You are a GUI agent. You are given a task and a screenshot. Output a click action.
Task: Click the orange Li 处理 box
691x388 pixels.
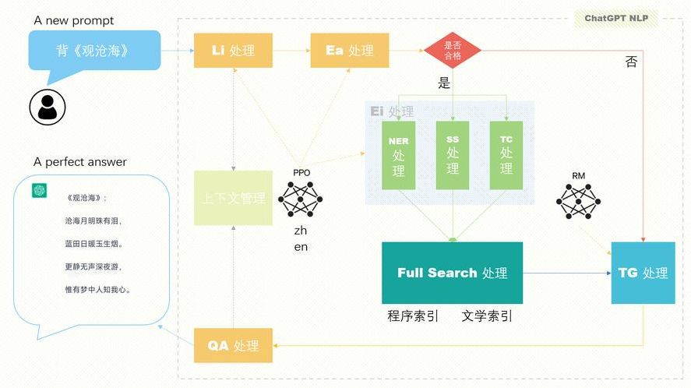[233, 50]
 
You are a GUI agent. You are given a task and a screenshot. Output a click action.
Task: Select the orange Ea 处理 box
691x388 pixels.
[349, 50]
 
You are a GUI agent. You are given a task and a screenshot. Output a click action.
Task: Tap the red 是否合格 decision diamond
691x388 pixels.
[452, 50]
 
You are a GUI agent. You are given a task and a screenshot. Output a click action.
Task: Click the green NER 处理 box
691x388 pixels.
[398, 155]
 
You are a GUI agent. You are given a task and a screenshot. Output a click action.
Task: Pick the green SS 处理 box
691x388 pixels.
[453, 155]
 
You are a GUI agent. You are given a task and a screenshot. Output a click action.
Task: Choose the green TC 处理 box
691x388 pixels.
[506, 155]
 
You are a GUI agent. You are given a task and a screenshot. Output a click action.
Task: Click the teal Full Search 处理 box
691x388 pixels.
[452, 273]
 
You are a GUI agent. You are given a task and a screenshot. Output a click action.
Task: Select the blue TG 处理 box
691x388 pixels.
[643, 273]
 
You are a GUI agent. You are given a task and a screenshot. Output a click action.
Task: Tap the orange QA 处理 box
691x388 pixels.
[233, 345]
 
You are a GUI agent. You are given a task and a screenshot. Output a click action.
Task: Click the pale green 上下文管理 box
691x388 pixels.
[233, 198]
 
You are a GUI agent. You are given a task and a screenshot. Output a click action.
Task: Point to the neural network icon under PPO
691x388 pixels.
[301, 198]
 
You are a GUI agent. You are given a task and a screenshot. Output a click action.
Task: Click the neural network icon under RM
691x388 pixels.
[579, 202]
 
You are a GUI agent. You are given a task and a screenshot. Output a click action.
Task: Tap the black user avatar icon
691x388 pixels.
[48, 106]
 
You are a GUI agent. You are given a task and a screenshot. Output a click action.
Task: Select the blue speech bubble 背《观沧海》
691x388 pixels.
[93, 51]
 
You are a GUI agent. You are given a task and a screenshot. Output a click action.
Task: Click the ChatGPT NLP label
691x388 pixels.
[616, 19]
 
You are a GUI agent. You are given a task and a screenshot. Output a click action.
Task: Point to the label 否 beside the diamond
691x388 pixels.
[631, 62]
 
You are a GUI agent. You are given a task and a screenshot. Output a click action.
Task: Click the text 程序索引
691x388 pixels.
[413, 316]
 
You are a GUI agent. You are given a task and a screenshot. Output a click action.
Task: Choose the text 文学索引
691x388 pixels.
[487, 316]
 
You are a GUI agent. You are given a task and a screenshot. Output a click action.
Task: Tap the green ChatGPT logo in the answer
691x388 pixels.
[37, 191]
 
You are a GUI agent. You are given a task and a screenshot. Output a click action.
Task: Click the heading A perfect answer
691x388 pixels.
[79, 162]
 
